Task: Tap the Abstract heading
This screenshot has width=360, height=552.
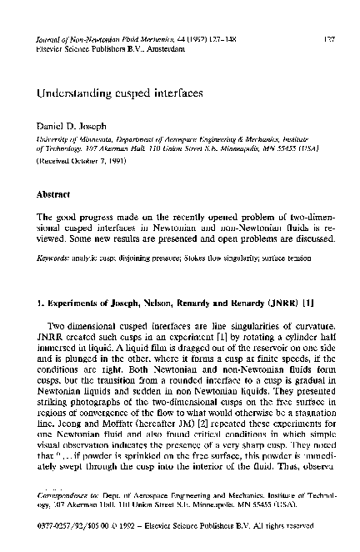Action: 51,193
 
